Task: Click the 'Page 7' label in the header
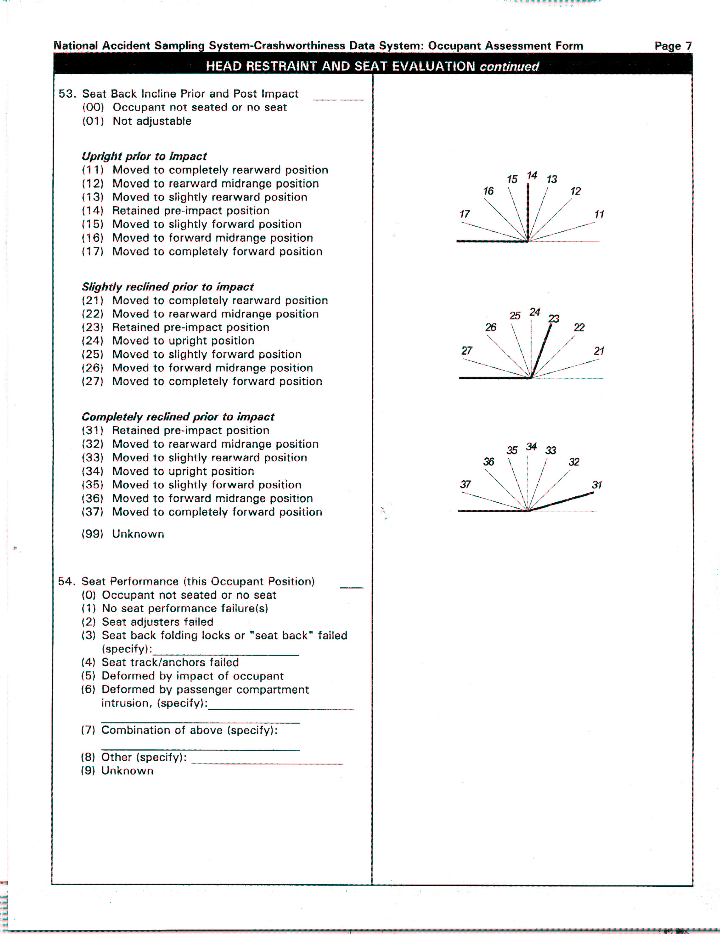pyautogui.click(x=673, y=46)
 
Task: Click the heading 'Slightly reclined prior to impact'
pyautogui.click(x=168, y=287)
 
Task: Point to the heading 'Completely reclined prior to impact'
pyautogui.click(x=178, y=417)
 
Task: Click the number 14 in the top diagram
pyautogui.click(x=532, y=176)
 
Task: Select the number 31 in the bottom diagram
pyautogui.click(x=597, y=485)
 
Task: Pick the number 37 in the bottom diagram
pyautogui.click(x=465, y=485)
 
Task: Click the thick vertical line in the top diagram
pyautogui.click(x=528, y=213)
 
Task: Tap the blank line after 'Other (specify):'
pyautogui.click(x=267, y=764)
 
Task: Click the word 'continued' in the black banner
pyautogui.click(x=509, y=67)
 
